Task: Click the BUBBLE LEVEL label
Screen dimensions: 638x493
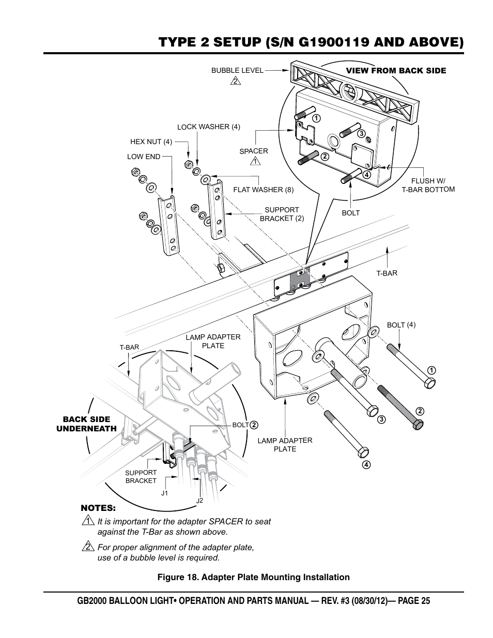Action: tap(237, 70)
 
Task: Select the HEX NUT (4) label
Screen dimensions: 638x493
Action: tap(151, 142)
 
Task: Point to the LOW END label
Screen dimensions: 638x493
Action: tap(144, 157)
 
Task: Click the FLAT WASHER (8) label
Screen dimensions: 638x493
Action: tap(263, 190)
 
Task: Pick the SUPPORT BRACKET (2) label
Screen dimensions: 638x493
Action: tap(282, 214)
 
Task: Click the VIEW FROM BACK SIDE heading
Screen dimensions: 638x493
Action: tap(396, 71)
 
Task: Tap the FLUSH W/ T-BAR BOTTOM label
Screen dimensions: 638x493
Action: tap(428, 185)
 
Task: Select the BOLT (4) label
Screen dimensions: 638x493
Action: tap(401, 325)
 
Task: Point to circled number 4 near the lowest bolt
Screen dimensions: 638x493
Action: tap(366, 464)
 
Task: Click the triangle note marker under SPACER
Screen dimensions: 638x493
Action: tap(254, 162)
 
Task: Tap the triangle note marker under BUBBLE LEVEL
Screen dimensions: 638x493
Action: tap(235, 81)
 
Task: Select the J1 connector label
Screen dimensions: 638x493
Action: tap(164, 493)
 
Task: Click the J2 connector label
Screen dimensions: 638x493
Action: tap(199, 501)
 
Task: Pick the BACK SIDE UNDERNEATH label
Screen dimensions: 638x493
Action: tap(87, 424)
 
